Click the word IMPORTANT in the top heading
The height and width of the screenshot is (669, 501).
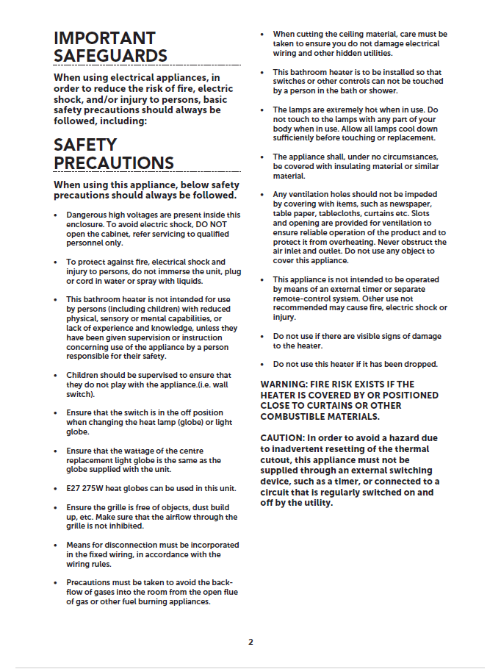click(x=104, y=38)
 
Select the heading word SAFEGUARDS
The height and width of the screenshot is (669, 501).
click(x=110, y=56)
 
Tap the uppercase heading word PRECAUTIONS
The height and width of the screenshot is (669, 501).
click(x=114, y=162)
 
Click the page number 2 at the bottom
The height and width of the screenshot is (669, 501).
click(x=250, y=642)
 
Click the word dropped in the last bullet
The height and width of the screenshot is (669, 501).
click(x=419, y=364)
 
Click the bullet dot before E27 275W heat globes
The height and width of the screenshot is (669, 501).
click(x=57, y=488)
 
